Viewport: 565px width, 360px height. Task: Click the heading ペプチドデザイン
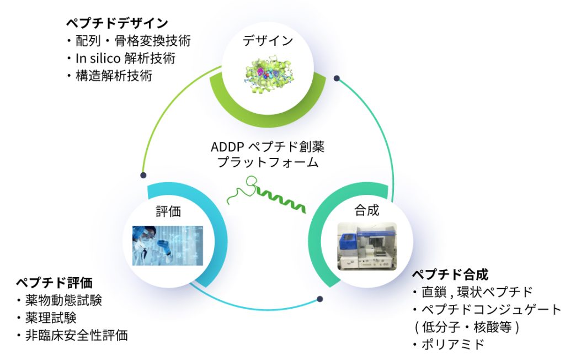tap(116, 23)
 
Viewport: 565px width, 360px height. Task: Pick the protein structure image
tap(268, 70)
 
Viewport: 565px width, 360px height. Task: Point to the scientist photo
tap(168, 244)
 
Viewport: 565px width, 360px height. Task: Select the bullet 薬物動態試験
tap(62, 300)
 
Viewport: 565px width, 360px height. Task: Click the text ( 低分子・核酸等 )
tap(466, 327)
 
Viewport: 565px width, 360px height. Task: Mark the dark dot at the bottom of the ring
tap(320, 300)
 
